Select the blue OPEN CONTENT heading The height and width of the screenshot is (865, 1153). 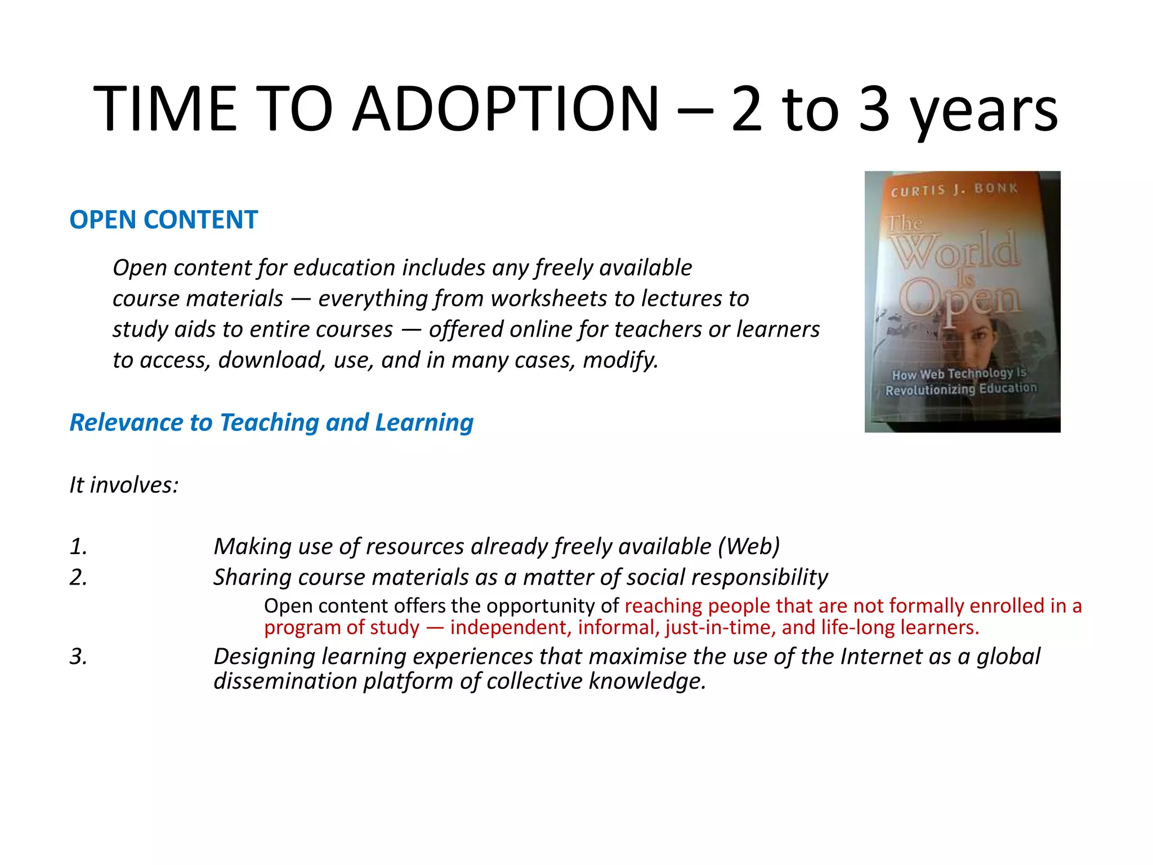tap(163, 220)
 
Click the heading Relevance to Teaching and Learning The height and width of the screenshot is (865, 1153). tap(271, 422)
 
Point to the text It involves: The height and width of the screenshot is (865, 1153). tap(124, 485)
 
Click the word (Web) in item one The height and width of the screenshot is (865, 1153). tap(749, 547)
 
